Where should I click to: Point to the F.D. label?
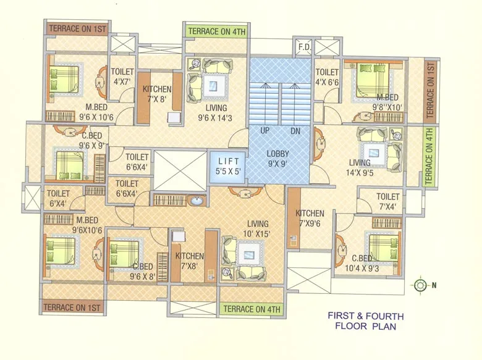(304, 48)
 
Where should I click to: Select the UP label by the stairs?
(264, 132)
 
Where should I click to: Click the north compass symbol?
(421, 285)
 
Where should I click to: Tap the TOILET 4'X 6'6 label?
(327, 77)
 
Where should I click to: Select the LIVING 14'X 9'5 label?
(359, 167)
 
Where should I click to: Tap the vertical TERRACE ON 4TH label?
(429, 155)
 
